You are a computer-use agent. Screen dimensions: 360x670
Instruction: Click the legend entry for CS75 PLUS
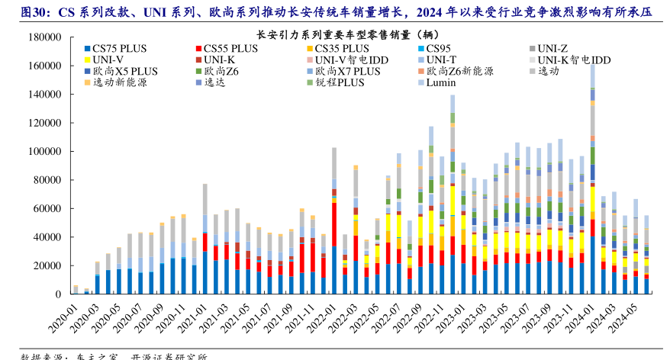click(x=123, y=48)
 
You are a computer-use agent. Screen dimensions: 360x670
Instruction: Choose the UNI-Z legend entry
click(x=552, y=48)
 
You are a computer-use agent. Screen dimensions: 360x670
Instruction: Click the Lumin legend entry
click(x=441, y=82)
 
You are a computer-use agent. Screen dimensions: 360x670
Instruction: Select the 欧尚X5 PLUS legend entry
click(x=125, y=71)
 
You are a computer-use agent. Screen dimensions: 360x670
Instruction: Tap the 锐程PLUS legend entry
click(x=339, y=82)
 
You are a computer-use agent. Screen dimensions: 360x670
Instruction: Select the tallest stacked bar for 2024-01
click(x=593, y=183)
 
